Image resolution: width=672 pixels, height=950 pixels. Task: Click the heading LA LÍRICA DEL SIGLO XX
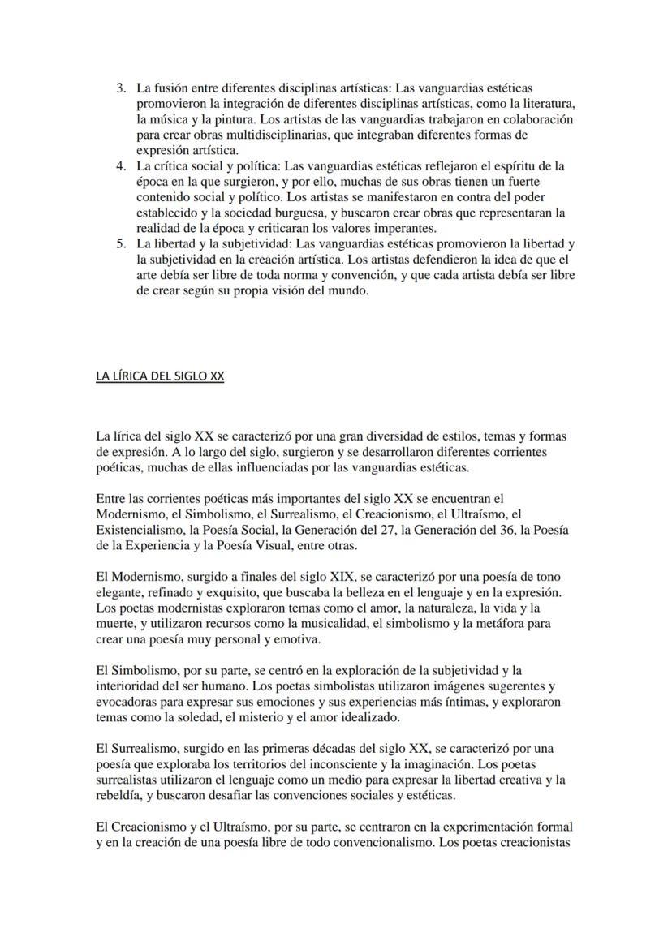(x=159, y=376)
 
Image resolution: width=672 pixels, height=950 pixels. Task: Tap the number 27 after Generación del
(x=390, y=530)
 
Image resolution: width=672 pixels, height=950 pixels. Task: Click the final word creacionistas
(x=534, y=843)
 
